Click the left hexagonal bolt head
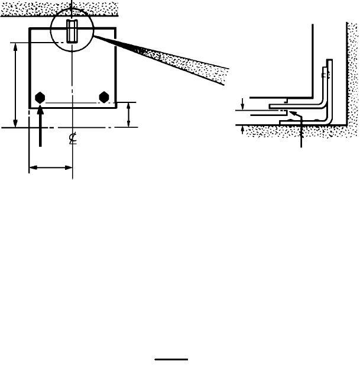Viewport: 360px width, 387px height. pos(41,97)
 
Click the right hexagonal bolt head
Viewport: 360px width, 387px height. pos(105,97)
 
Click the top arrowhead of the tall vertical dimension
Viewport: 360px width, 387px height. pos(15,46)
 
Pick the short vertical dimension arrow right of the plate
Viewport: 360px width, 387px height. pos(129,114)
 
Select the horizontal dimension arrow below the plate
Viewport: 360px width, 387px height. pos(50,168)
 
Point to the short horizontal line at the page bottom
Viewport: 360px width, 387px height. pos(171,359)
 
